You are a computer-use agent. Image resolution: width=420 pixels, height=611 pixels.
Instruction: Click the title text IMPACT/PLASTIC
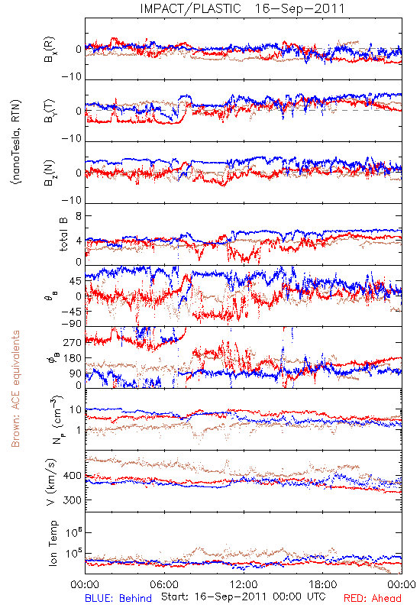tap(190, 8)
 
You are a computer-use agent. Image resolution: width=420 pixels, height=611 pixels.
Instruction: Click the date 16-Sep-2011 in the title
tap(299, 8)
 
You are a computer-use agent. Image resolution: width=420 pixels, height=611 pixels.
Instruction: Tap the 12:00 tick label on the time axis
tap(244, 584)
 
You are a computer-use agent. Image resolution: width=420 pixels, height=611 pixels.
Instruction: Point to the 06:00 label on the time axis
tap(164, 584)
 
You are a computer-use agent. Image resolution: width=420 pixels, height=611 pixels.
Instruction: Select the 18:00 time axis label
tap(323, 584)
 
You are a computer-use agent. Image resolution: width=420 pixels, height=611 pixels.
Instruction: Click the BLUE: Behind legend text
tap(118, 598)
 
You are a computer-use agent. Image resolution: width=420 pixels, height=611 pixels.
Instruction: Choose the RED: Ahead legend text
tap(372, 598)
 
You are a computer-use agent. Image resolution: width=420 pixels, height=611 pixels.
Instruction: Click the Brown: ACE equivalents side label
tap(15, 389)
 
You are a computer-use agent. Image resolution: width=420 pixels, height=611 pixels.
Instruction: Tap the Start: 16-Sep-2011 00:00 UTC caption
tap(244, 596)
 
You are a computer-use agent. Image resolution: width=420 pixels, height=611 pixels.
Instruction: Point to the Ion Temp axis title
tap(53, 543)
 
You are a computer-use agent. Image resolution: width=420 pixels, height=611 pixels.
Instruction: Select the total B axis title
tap(63, 234)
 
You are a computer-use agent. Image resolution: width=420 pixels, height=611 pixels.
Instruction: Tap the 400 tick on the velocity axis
tap(73, 476)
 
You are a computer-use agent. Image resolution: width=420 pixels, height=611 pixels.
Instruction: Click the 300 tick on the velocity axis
tap(73, 500)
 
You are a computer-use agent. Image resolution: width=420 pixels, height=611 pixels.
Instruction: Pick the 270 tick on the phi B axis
tap(73, 342)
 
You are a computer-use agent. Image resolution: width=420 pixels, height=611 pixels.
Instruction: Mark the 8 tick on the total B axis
tap(79, 216)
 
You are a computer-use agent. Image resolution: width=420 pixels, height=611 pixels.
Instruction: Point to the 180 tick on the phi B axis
tap(73, 358)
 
